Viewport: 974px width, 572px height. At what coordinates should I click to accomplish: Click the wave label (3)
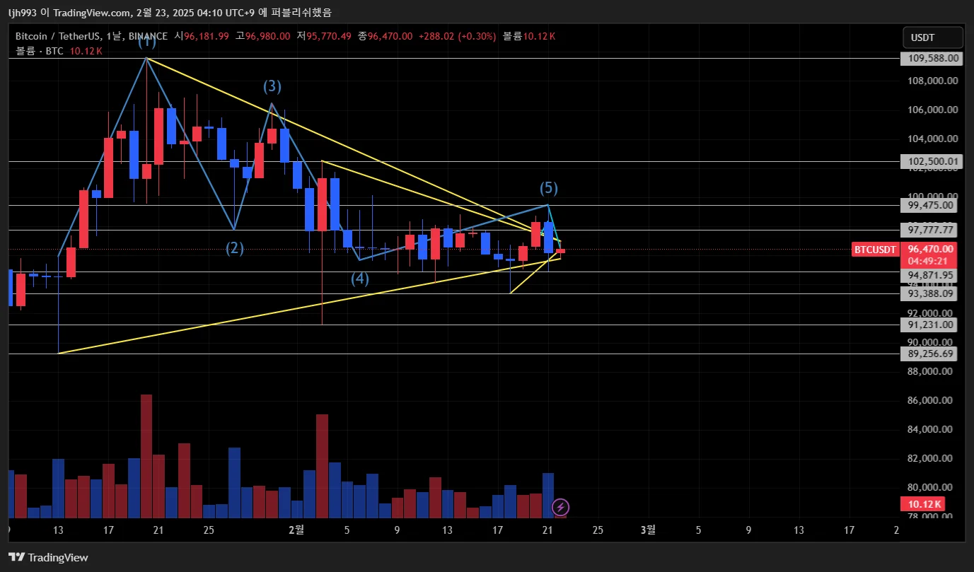click(272, 86)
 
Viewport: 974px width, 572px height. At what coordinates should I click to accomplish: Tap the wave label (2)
click(235, 248)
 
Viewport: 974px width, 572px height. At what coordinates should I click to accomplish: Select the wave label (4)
click(360, 279)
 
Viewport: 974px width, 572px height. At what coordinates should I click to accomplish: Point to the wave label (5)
click(549, 188)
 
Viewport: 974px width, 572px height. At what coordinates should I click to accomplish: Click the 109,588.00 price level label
click(931, 59)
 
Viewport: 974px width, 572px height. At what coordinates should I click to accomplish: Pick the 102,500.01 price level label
click(931, 162)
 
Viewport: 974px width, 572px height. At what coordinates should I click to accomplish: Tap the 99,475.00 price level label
click(931, 206)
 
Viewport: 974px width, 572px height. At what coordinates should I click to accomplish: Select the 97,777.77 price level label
click(931, 230)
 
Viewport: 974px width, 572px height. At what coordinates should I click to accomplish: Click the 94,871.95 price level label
click(931, 275)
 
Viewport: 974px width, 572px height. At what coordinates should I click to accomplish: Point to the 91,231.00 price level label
click(931, 325)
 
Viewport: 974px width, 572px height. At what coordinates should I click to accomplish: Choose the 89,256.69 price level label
click(931, 354)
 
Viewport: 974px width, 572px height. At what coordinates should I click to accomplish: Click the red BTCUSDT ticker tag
click(875, 250)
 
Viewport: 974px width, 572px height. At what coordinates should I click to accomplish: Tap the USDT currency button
click(932, 37)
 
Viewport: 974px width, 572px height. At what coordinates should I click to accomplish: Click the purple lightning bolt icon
click(560, 507)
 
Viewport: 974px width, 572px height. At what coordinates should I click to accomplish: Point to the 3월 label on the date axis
click(647, 530)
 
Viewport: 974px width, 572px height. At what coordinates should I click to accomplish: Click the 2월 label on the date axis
click(296, 530)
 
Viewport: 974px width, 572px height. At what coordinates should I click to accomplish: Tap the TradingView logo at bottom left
click(48, 557)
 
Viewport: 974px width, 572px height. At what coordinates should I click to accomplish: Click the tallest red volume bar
click(146, 455)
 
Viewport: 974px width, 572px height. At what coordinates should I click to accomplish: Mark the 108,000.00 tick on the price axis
click(931, 81)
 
